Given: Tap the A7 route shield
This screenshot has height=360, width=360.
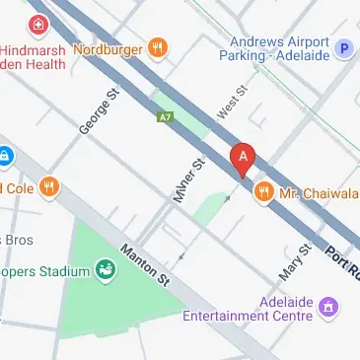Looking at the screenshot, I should [166, 117].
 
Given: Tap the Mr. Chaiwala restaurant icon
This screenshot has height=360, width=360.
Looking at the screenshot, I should [263, 191].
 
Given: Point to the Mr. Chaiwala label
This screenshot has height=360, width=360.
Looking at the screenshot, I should [315, 192].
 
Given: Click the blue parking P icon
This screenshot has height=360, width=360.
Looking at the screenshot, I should [344, 47].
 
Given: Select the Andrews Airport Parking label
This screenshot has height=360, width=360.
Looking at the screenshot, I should [280, 49].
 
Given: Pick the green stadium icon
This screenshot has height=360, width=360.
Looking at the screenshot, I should [105, 269].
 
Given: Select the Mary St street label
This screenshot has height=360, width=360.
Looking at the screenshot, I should [295, 261].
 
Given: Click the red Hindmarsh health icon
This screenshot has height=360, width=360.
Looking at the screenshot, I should [36, 24].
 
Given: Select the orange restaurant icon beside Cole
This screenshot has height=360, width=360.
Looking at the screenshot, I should [48, 187].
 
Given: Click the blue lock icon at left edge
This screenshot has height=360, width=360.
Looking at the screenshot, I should [4, 156].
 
